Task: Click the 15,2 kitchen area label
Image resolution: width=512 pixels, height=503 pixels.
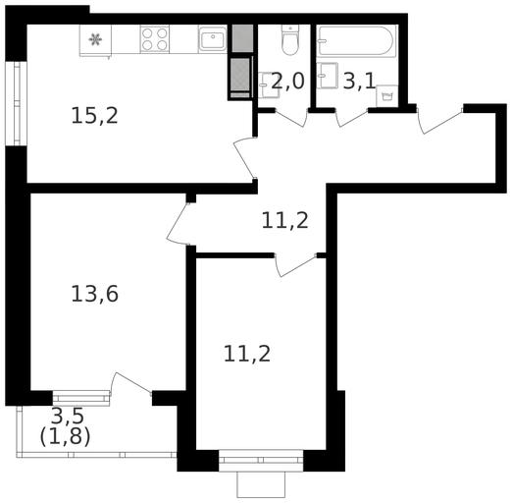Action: (x=94, y=116)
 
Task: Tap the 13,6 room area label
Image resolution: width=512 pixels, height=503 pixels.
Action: (x=94, y=294)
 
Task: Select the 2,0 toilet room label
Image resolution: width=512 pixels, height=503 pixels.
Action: (x=287, y=81)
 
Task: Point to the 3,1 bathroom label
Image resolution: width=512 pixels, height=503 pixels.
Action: (x=359, y=81)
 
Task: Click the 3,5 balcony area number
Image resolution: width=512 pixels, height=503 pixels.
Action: (x=68, y=416)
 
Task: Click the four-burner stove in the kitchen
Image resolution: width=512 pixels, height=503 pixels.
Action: (x=155, y=39)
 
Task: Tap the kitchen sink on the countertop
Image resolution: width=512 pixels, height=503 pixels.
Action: (x=212, y=39)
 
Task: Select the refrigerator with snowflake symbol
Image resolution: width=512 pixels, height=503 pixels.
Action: (x=95, y=40)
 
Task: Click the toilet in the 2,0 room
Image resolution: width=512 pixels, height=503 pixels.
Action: (x=290, y=40)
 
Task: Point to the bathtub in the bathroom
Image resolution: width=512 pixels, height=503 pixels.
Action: (x=357, y=41)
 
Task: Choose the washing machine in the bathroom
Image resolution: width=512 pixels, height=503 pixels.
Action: (x=386, y=96)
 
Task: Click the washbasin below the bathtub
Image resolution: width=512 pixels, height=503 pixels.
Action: (x=327, y=76)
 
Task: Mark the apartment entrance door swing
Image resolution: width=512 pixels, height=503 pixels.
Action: (x=439, y=119)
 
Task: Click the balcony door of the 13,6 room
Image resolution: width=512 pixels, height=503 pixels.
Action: (x=130, y=384)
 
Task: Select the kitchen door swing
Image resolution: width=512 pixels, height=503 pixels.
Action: (x=243, y=158)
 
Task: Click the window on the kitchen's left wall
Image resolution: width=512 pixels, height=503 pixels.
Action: (x=16, y=103)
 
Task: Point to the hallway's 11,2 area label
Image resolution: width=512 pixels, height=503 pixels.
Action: (x=285, y=221)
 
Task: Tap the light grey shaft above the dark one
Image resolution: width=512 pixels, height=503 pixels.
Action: (x=242, y=38)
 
